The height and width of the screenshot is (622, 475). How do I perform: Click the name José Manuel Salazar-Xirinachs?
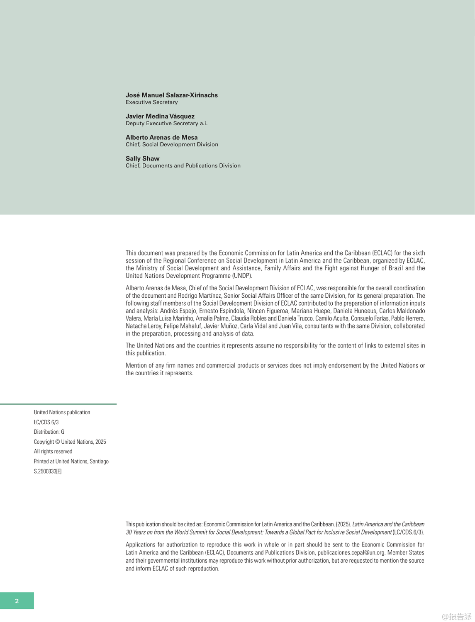(x=171, y=95)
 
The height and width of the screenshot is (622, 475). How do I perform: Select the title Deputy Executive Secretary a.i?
(x=166, y=124)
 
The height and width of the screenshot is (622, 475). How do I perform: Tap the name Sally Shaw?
(x=142, y=158)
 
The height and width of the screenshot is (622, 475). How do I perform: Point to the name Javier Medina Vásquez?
(x=160, y=116)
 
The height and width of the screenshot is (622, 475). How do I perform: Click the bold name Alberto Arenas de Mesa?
(x=161, y=137)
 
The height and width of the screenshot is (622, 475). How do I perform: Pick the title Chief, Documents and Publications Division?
(x=183, y=166)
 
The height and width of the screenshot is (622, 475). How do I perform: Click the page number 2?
(x=17, y=601)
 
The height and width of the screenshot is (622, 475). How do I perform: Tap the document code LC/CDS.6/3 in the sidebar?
(x=46, y=422)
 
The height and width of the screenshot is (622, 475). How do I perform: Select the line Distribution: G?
(x=49, y=432)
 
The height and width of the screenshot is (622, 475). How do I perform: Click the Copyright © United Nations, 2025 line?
(x=70, y=442)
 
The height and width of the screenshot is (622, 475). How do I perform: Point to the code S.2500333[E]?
(x=48, y=471)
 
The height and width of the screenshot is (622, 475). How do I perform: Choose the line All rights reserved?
(x=53, y=452)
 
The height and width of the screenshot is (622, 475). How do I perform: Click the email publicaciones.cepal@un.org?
(x=351, y=553)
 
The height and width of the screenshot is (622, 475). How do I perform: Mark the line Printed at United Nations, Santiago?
(x=71, y=461)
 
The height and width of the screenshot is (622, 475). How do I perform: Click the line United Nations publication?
(x=62, y=412)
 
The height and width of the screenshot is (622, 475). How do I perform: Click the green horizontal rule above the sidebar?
(x=58, y=403)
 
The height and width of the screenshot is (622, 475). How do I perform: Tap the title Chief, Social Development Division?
(x=172, y=145)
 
